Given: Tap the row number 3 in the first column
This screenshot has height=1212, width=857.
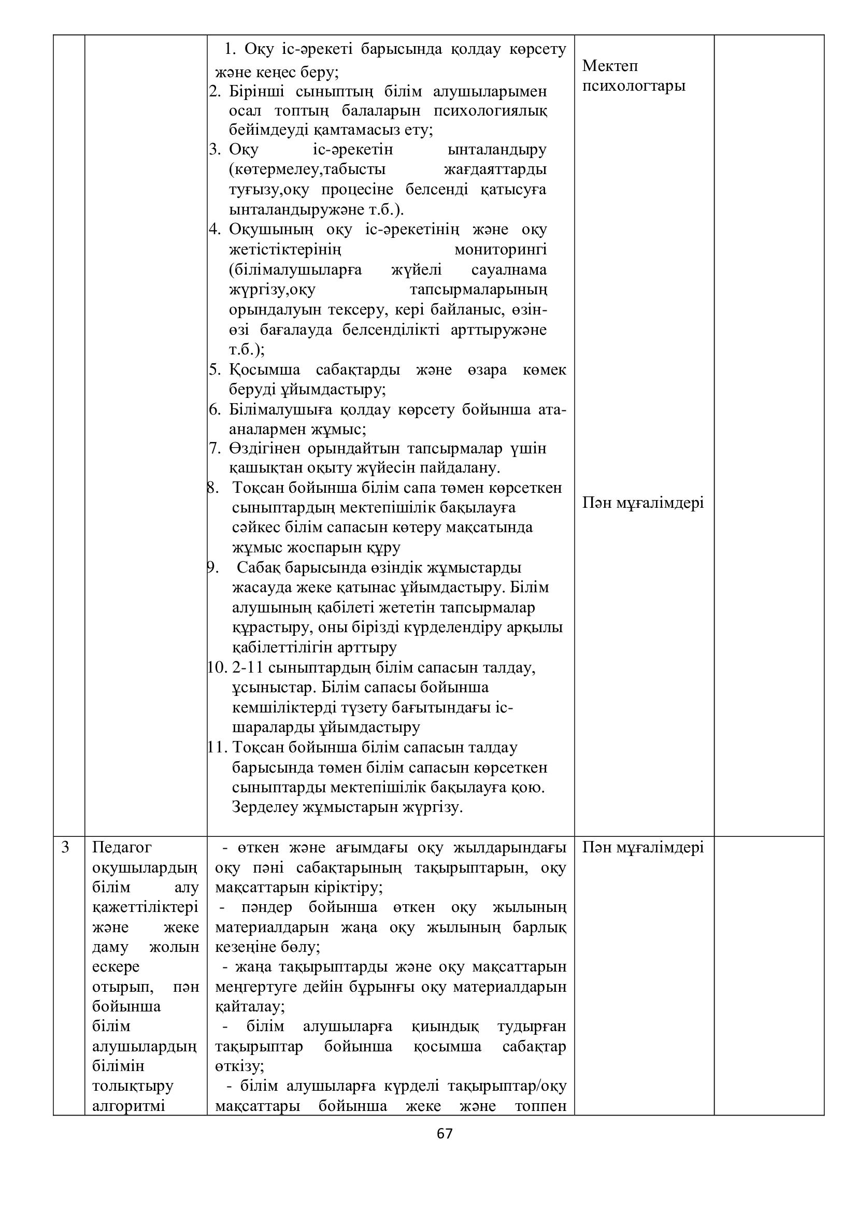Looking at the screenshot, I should click(65, 847).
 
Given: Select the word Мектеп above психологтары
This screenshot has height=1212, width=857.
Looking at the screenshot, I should click(610, 66).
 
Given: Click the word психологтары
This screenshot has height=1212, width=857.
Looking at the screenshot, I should click(633, 85).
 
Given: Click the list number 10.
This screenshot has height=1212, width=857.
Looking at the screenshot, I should click(217, 668).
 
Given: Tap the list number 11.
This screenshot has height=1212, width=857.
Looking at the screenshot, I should click(217, 748).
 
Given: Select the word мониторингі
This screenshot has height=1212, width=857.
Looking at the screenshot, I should click(501, 250).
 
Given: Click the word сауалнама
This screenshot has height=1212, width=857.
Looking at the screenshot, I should click(509, 270).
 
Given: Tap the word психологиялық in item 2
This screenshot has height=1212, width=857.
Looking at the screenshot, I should click(490, 111).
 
